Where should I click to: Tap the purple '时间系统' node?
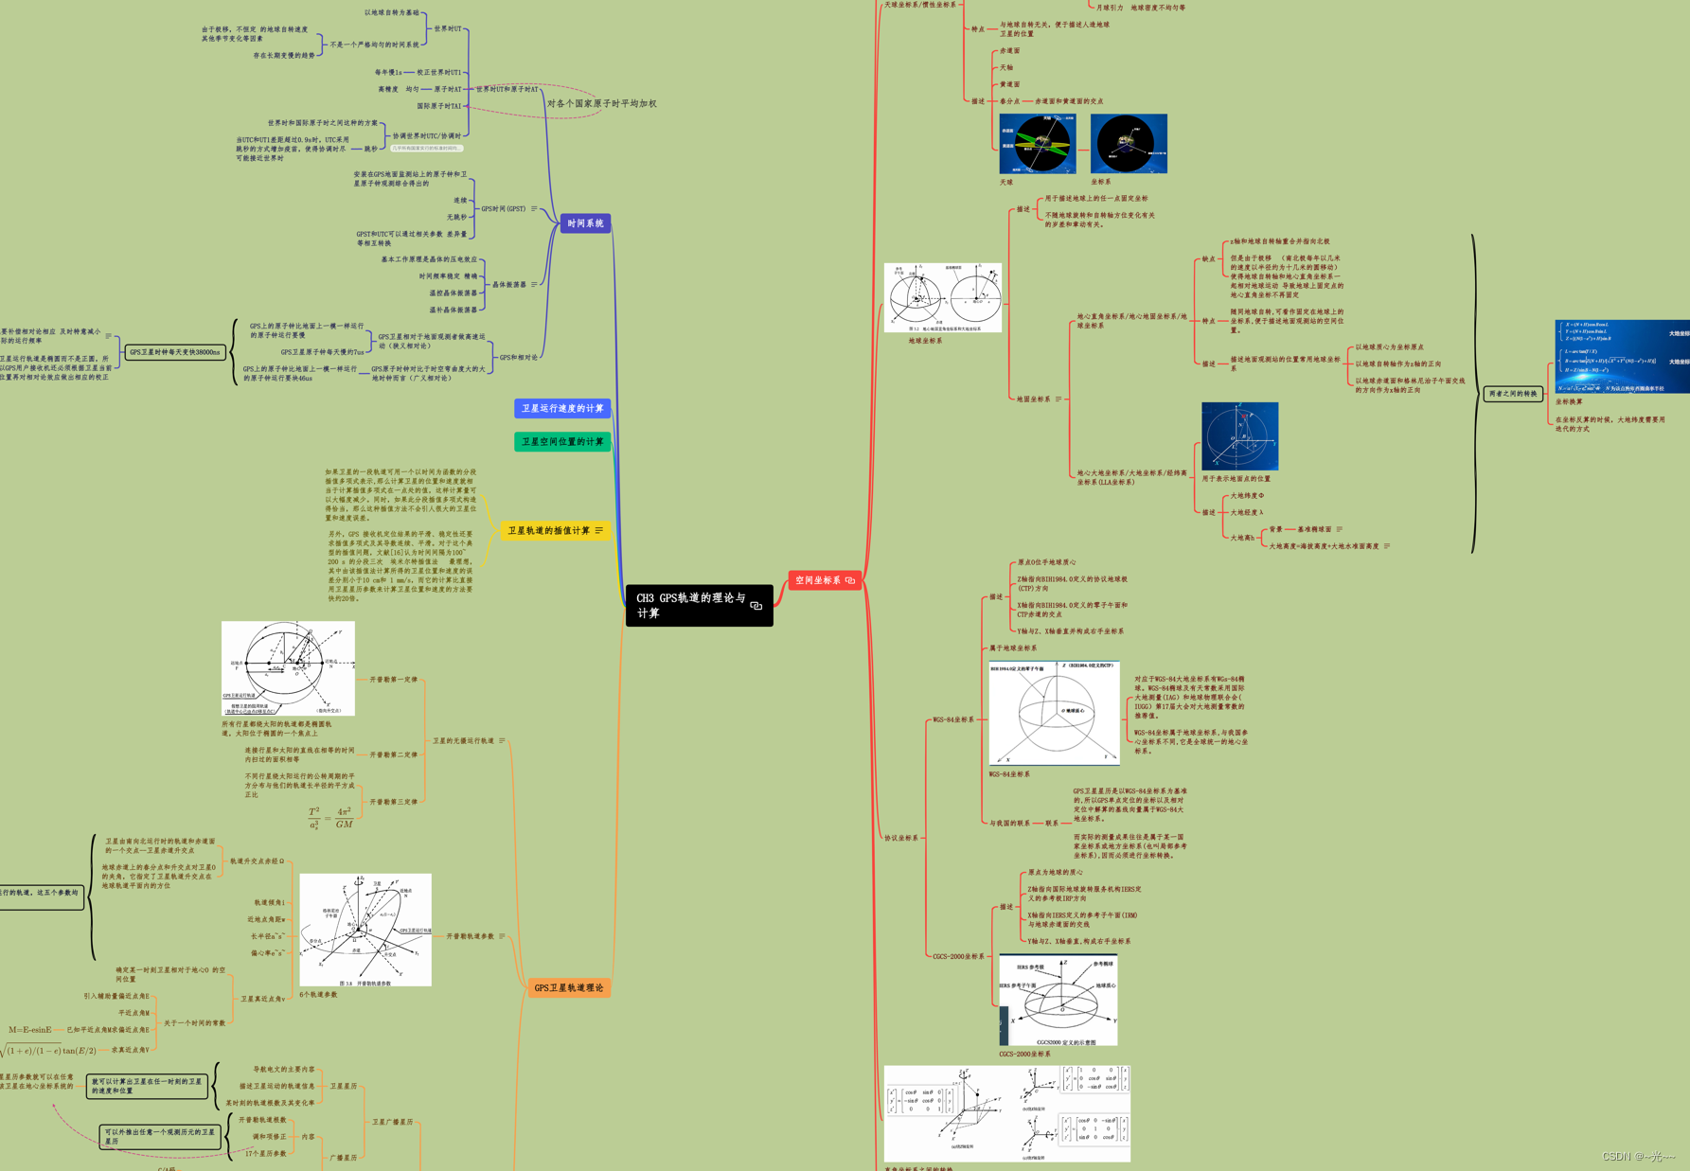point(585,223)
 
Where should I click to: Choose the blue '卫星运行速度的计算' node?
point(562,408)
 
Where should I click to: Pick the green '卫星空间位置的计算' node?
point(562,441)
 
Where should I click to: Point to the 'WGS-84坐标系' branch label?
point(952,719)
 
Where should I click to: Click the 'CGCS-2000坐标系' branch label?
point(958,956)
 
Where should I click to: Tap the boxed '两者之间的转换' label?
point(1513,393)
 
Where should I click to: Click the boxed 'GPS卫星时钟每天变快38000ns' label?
point(175,352)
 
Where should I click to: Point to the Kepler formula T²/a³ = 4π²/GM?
point(330,817)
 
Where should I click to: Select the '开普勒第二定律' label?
point(393,754)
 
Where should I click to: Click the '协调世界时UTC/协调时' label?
point(427,135)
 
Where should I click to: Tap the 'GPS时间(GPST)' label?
point(504,208)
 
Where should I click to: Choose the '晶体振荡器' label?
point(509,284)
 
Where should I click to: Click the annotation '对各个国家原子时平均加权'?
point(601,103)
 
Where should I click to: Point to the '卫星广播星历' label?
point(392,1122)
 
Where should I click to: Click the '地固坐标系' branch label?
point(1034,399)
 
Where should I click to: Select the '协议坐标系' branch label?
point(900,838)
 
